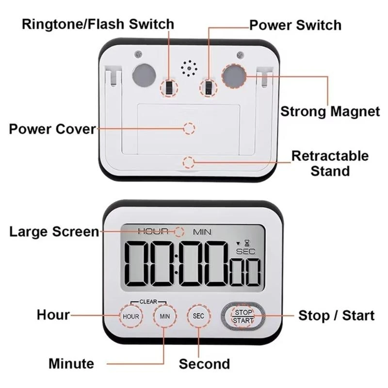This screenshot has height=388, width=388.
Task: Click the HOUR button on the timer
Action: (130, 316)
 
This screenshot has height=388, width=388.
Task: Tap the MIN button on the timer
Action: (164, 316)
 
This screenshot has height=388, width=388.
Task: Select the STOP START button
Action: (242, 316)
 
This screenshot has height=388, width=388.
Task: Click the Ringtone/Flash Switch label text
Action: (97, 24)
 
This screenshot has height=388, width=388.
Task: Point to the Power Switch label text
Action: (295, 25)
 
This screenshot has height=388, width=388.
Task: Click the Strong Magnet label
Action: (330, 112)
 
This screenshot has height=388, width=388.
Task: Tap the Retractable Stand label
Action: (330, 163)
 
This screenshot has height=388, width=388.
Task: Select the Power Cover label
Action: (52, 129)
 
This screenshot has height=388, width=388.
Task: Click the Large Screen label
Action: (54, 232)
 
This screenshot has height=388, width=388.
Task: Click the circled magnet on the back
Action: (235, 76)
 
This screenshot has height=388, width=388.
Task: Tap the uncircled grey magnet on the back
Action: (144, 76)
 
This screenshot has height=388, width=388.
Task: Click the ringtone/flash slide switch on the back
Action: (169, 87)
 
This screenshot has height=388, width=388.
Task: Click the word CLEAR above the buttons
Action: (148, 301)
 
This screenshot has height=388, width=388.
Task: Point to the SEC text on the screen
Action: (245, 251)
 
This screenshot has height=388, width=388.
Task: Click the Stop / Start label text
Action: (336, 316)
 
